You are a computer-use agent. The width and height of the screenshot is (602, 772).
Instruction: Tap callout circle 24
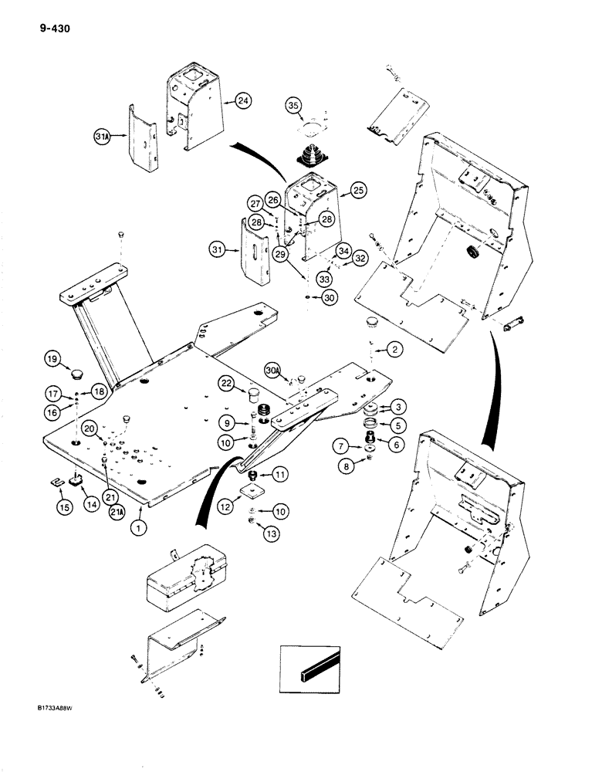(243, 100)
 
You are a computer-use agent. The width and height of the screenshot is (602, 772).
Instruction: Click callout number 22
(226, 384)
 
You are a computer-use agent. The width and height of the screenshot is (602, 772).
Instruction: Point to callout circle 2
(392, 350)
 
